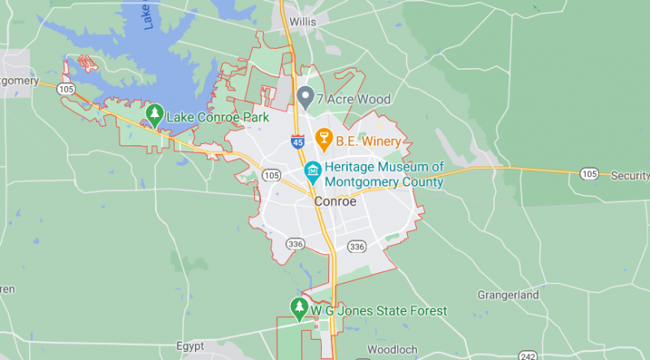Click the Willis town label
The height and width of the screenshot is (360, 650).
(302, 23)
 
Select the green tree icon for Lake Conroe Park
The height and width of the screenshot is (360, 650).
(154, 116)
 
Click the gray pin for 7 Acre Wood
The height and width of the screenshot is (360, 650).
(305, 98)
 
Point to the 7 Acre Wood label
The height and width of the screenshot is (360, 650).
(353, 99)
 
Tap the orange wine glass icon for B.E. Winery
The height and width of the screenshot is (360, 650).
(323, 140)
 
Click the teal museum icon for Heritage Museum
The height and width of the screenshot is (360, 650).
(311, 172)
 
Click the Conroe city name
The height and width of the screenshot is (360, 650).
(335, 202)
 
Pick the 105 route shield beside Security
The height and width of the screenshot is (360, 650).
(590, 175)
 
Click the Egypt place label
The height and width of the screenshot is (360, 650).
(190, 345)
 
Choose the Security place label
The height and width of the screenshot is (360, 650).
(630, 176)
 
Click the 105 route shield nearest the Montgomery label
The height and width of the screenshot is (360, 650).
(66, 89)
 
